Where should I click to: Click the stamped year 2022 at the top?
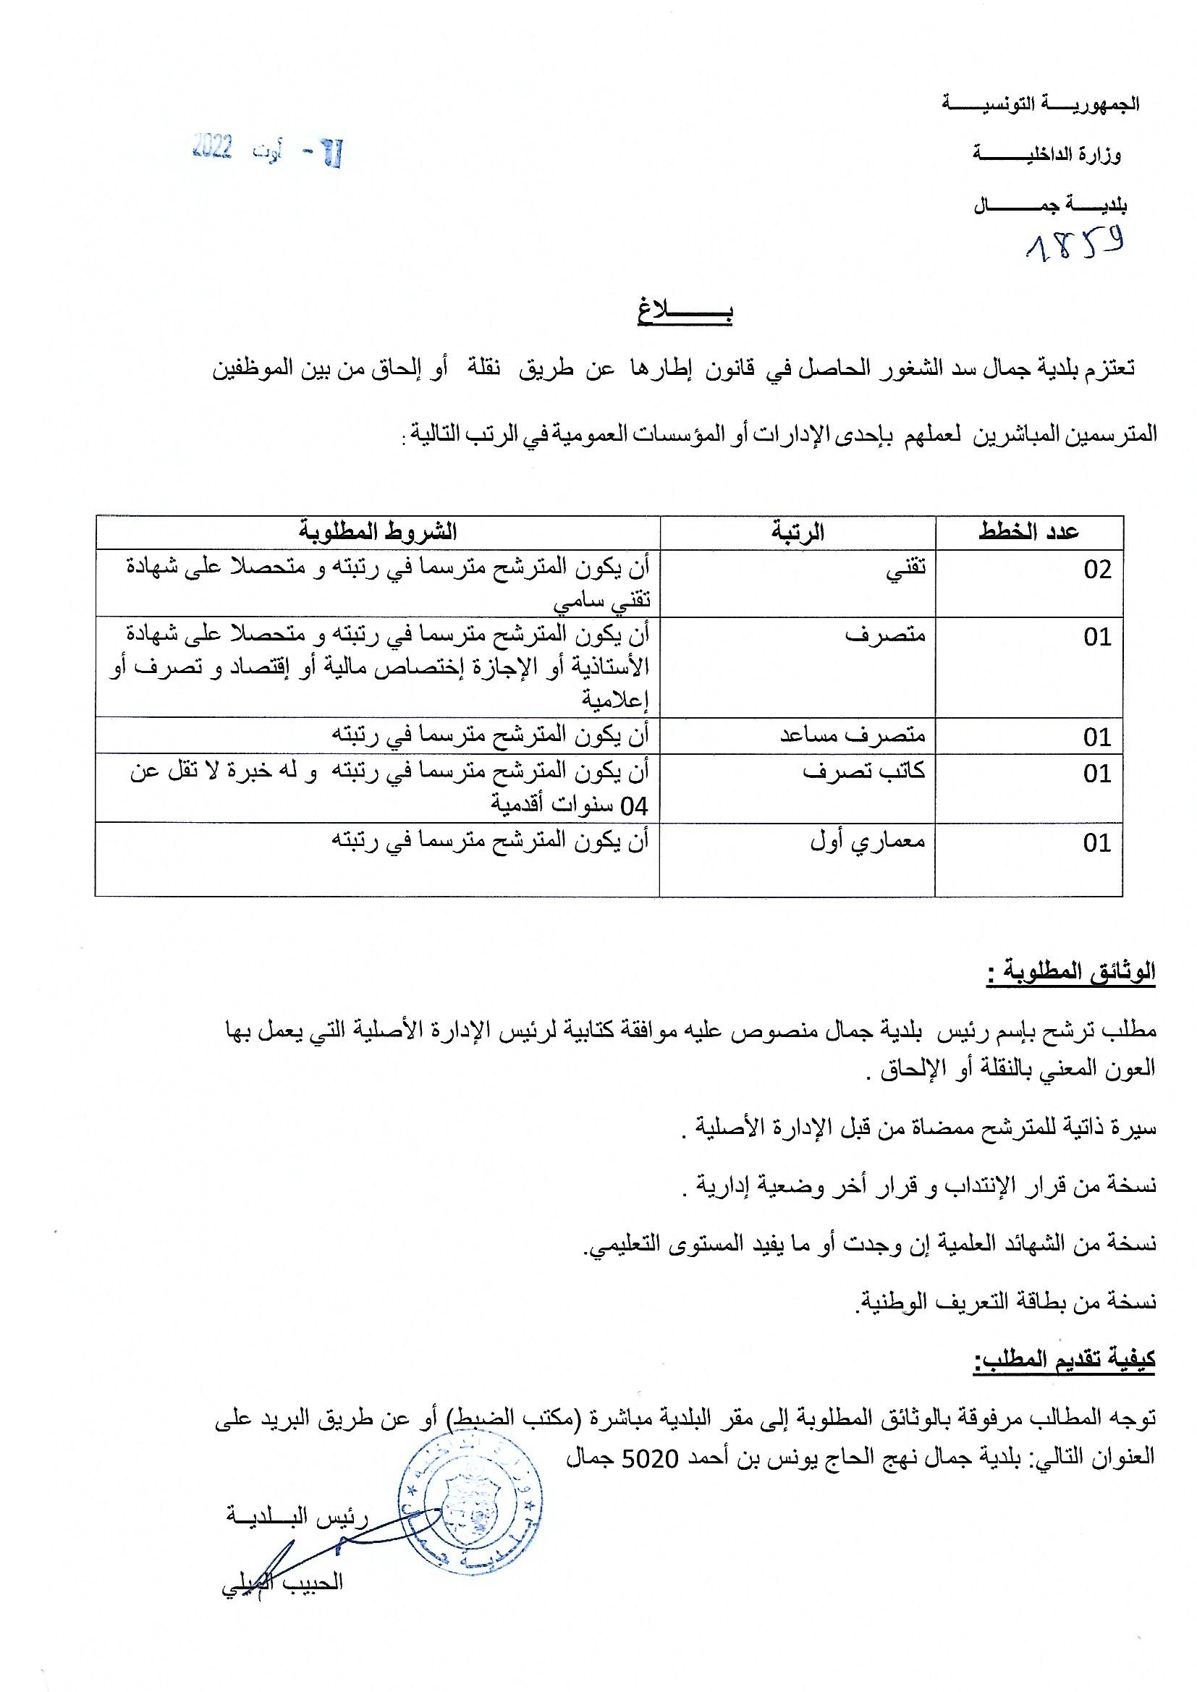pyautogui.click(x=213, y=148)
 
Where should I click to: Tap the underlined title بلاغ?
pyautogui.click(x=685, y=313)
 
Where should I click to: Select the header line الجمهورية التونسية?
pyautogui.click(x=1041, y=104)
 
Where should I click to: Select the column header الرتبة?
pyautogui.click(x=798, y=531)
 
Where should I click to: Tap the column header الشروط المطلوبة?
pyautogui.click(x=377, y=531)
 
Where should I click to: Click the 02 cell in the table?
pyautogui.click(x=1096, y=570)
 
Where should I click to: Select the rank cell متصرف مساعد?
pyautogui.click(x=853, y=735)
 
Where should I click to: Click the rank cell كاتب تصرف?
pyautogui.click(x=864, y=771)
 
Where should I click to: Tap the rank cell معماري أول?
pyautogui.click(x=868, y=842)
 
